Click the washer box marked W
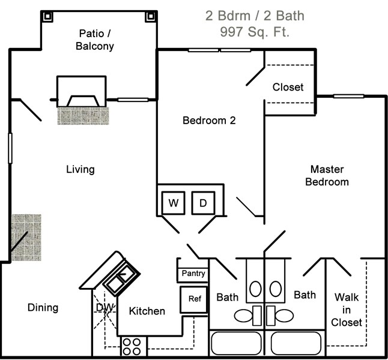point(174,203)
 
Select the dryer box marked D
point(203,203)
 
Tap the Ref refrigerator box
point(194,299)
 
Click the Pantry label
point(193,274)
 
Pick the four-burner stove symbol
point(132,346)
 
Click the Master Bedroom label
point(327,175)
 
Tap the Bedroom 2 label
point(209,121)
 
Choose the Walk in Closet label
point(348,309)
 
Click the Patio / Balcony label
point(96,39)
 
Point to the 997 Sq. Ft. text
point(255,32)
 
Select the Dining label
point(43,308)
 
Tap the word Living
point(80,169)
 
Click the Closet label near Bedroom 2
point(288,87)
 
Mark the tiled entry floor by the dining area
point(26,237)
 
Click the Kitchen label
point(147,311)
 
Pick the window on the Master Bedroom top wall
point(348,96)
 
